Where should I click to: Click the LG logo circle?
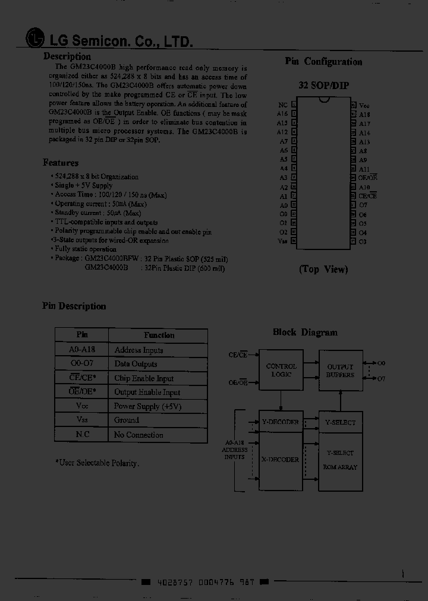(x=35, y=39)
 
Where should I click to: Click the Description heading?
(x=67, y=57)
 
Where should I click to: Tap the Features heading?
(x=61, y=163)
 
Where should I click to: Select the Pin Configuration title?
(x=323, y=62)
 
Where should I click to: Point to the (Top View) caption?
(x=323, y=269)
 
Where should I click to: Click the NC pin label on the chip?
(x=283, y=104)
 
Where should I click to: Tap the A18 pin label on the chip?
(x=364, y=114)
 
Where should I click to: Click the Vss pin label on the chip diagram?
(x=282, y=241)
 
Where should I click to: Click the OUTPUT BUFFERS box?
(x=340, y=371)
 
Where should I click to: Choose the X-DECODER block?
(x=281, y=460)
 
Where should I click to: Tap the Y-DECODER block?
(x=281, y=422)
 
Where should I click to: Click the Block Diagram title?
(x=305, y=333)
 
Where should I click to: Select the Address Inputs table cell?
(x=139, y=350)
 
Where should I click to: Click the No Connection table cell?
(x=139, y=435)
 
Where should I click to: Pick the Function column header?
(x=159, y=336)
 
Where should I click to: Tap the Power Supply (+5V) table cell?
(x=147, y=407)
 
